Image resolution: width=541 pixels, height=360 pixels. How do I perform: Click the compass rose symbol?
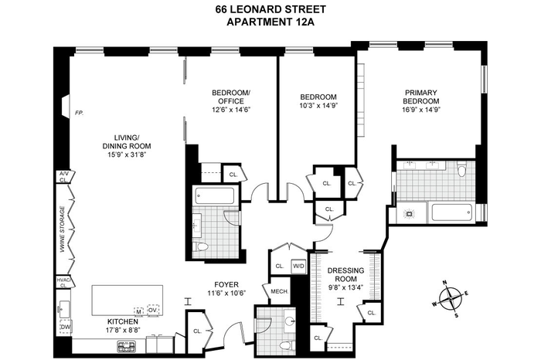(x=451, y=298)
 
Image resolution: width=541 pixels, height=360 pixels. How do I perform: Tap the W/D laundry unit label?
(x=299, y=267)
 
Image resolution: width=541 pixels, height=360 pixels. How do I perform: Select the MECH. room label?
(x=280, y=291)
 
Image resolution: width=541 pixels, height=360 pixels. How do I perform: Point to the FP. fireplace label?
(x=80, y=113)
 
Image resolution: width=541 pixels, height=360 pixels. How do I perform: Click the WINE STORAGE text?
(x=63, y=229)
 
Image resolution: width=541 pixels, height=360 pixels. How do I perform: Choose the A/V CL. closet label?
(x=64, y=177)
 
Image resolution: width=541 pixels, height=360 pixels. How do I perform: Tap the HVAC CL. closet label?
(x=64, y=283)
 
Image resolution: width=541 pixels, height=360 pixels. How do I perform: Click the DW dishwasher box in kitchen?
(x=65, y=326)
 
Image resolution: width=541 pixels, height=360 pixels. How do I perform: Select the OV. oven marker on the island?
(x=153, y=310)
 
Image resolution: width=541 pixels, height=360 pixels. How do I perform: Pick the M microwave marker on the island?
(x=138, y=311)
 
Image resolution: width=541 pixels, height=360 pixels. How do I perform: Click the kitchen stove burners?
(x=126, y=346)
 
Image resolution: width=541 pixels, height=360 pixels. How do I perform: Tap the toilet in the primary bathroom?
(x=461, y=171)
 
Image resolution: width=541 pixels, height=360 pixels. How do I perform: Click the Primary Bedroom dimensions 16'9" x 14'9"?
(x=421, y=110)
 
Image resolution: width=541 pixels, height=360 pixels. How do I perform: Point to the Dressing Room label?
(x=341, y=274)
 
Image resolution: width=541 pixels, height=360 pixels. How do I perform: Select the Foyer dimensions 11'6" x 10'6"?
(x=226, y=293)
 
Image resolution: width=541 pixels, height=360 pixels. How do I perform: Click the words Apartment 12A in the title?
(x=270, y=22)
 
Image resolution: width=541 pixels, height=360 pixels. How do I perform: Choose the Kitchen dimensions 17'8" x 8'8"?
(x=122, y=330)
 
